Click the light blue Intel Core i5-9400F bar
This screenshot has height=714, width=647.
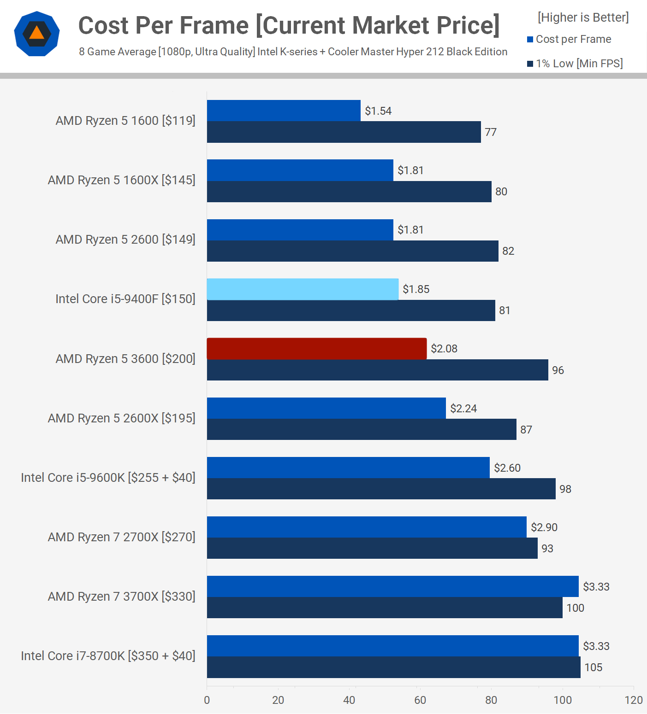click(303, 289)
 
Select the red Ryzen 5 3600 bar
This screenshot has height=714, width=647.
click(316, 349)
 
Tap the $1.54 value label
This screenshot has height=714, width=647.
click(378, 111)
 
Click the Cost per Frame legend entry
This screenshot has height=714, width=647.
click(573, 39)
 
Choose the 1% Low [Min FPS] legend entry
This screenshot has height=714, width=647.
click(579, 64)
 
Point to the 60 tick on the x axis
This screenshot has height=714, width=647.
click(420, 700)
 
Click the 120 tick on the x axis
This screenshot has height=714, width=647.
click(634, 700)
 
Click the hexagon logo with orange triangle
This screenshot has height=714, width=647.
click(37, 34)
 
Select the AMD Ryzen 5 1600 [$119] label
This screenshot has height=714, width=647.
click(125, 121)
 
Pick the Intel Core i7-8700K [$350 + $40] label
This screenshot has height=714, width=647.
click(108, 656)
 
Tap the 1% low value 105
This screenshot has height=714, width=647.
click(594, 667)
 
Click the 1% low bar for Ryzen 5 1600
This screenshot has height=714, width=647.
click(344, 132)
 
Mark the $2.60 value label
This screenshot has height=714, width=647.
click(507, 468)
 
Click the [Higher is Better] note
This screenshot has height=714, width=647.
click(583, 18)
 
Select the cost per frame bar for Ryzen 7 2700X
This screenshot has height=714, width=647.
click(367, 527)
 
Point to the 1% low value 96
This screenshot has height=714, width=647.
click(558, 370)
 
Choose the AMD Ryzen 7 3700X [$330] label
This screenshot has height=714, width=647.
click(122, 597)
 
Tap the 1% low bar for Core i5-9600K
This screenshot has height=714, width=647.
click(381, 489)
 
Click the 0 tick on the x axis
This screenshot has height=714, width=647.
click(207, 700)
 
